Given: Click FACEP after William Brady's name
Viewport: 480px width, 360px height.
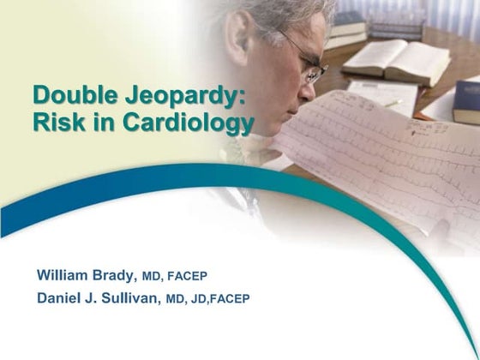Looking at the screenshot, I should coord(188,276).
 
